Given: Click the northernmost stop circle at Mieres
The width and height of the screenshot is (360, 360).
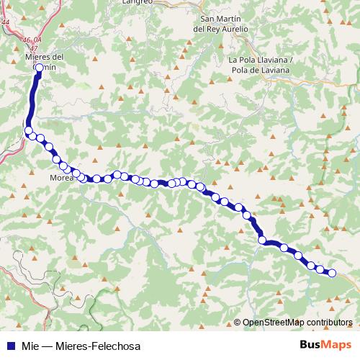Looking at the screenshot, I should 39,68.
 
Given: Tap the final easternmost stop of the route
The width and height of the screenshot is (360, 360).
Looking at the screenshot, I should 332,273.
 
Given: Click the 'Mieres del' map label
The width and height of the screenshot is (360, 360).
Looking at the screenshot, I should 44,56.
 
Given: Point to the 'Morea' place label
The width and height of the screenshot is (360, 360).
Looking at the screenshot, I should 61,178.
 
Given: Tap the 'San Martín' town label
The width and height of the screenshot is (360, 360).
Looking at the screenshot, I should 220,19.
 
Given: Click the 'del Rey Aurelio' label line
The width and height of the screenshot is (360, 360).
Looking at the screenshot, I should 221,29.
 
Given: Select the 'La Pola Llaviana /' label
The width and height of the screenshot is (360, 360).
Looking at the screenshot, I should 261,60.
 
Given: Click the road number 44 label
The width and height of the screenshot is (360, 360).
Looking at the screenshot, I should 6,22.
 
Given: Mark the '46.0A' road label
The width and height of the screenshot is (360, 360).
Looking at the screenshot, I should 32,40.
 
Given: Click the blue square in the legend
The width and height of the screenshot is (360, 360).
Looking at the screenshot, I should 10,346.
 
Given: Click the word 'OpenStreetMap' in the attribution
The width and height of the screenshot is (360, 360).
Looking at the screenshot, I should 273,323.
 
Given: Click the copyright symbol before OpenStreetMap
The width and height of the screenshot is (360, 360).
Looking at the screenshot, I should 238,323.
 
